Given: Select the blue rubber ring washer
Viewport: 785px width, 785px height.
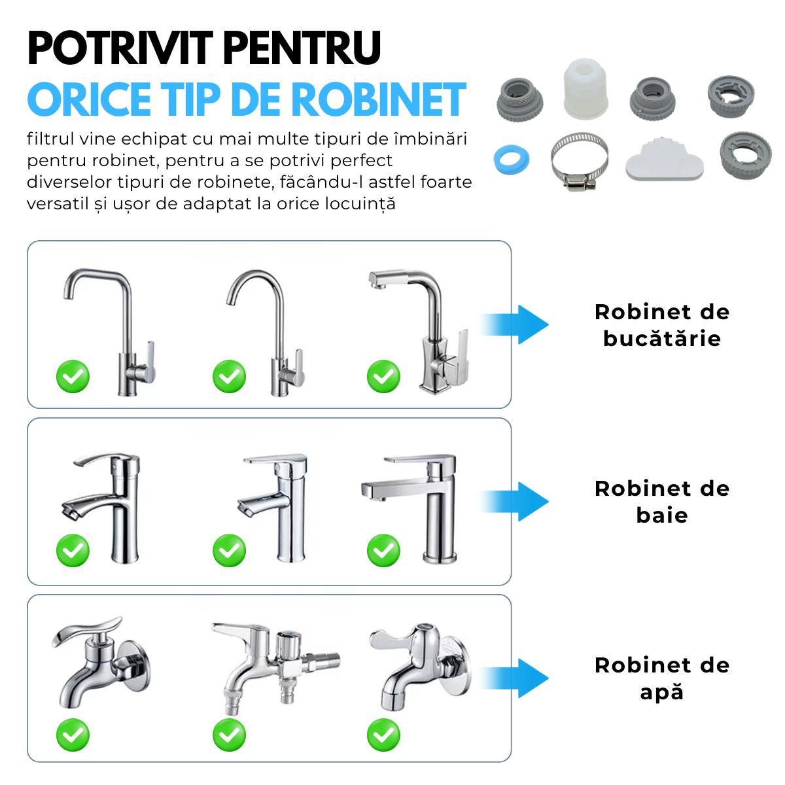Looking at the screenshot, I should (511, 159).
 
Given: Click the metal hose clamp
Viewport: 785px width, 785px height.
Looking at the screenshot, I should (579, 162).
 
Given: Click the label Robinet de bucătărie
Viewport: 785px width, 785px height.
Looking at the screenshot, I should (661, 325).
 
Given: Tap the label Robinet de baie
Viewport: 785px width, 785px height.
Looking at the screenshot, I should (661, 502).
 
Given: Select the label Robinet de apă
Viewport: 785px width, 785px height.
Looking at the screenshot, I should (661, 678).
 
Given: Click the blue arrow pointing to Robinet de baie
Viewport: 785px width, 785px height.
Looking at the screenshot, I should (517, 502).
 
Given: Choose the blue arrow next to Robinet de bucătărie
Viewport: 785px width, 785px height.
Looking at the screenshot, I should (517, 324).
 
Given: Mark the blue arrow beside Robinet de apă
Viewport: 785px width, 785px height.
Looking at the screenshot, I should (517, 678).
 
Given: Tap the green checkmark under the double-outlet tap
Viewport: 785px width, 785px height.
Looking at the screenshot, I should (229, 735).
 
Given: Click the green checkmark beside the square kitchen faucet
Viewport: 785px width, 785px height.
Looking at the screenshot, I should (383, 377).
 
